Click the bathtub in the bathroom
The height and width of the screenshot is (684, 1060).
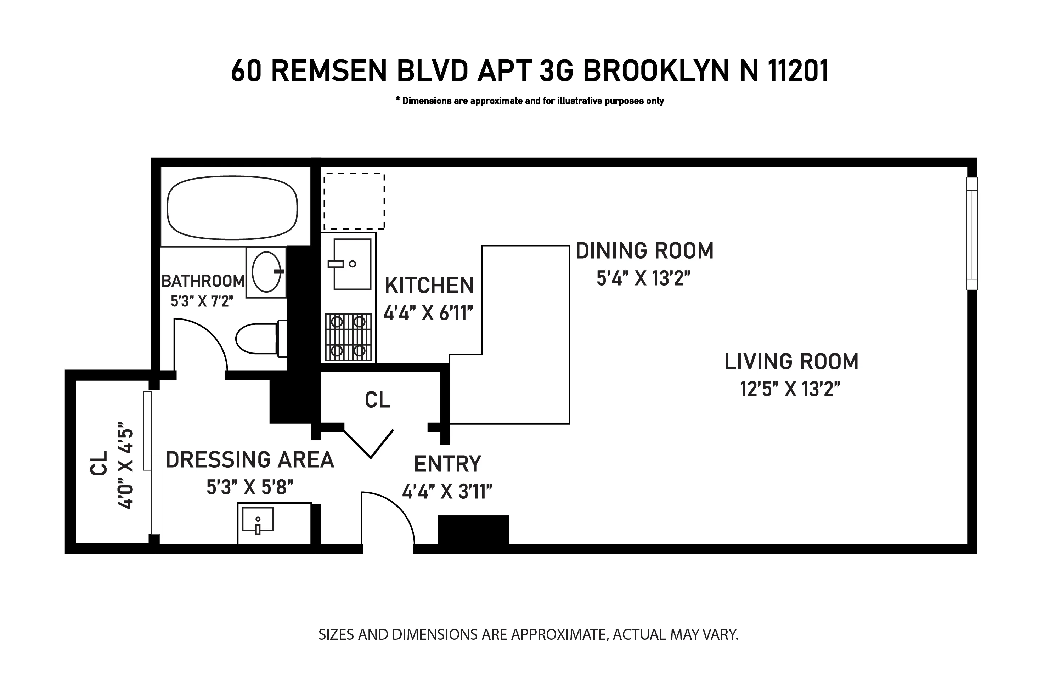(x=232, y=208)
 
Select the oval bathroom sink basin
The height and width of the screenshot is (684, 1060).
(x=266, y=271)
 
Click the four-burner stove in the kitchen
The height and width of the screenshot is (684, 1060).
(x=348, y=337)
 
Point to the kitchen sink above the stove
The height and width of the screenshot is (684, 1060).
(x=352, y=264)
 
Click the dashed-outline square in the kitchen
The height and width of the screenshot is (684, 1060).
(x=354, y=201)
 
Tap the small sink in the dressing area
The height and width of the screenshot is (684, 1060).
(x=258, y=520)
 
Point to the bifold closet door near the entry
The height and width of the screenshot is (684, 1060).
(x=369, y=444)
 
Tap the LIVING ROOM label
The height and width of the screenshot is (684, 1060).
(x=791, y=362)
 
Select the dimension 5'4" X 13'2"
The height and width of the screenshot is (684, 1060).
(x=643, y=279)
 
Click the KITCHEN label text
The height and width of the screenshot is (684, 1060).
(x=429, y=286)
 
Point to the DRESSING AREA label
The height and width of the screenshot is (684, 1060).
(x=250, y=460)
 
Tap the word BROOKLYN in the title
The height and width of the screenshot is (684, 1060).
(x=656, y=71)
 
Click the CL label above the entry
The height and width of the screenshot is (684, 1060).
(x=378, y=400)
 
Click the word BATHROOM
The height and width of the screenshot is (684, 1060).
(x=203, y=281)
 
